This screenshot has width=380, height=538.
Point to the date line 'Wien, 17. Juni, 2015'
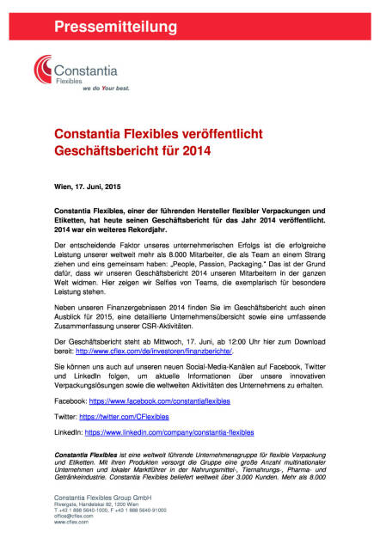coord(86,186)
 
